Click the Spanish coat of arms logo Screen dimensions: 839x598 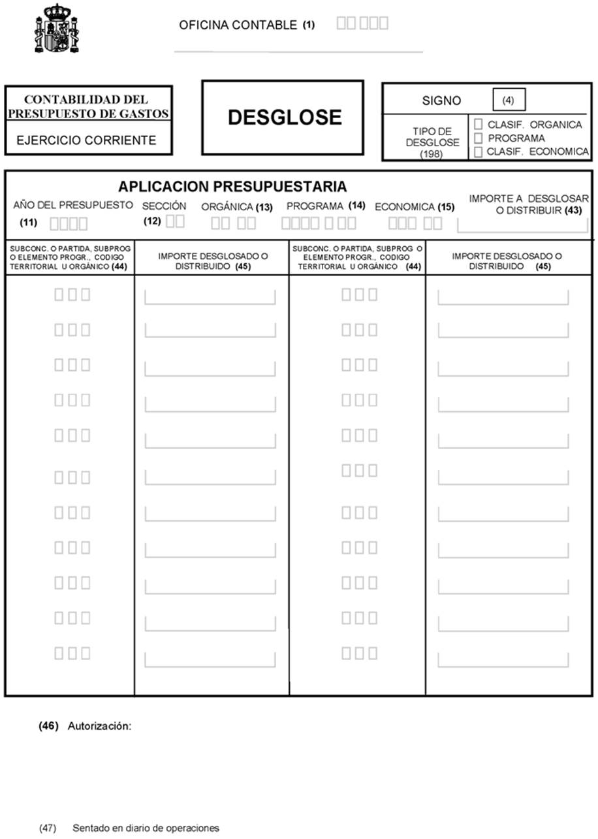click(x=56, y=29)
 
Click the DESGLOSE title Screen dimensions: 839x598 click(x=284, y=118)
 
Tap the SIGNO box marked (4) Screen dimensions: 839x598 click(x=509, y=101)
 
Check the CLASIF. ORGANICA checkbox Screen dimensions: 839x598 click(x=479, y=124)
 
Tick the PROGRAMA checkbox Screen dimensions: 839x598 click(x=479, y=138)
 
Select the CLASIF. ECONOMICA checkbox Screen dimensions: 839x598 click(x=479, y=152)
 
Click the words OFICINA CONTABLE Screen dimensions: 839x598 click(x=238, y=25)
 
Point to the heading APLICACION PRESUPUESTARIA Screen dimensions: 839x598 click(x=232, y=187)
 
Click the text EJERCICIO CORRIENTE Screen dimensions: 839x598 click(x=86, y=140)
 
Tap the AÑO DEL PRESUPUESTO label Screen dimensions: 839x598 click(x=73, y=205)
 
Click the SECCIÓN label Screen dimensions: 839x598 click(x=164, y=206)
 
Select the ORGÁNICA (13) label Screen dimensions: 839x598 click(x=236, y=207)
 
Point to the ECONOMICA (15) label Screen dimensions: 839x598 click(x=414, y=207)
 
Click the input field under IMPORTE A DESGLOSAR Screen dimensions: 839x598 click(x=522, y=225)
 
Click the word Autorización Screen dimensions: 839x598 click(x=100, y=726)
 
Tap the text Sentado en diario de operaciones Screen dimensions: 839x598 click(x=146, y=828)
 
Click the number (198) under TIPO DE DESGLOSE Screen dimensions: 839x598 click(x=432, y=154)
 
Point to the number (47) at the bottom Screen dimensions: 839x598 click(x=47, y=828)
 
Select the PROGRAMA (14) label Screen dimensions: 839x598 click(x=326, y=206)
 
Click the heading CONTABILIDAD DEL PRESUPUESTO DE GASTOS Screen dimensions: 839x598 click(x=88, y=106)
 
